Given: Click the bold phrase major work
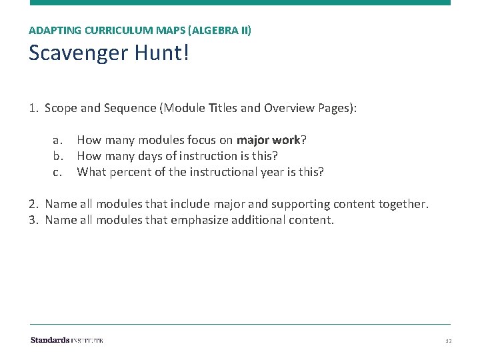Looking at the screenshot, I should coord(268,140).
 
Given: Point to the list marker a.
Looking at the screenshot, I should coord(58,140).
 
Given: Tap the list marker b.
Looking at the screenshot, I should coord(58,156).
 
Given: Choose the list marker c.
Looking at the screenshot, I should coord(57,172).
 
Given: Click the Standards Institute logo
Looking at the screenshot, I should coord(67,340).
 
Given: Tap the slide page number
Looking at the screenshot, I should coord(448,341).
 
